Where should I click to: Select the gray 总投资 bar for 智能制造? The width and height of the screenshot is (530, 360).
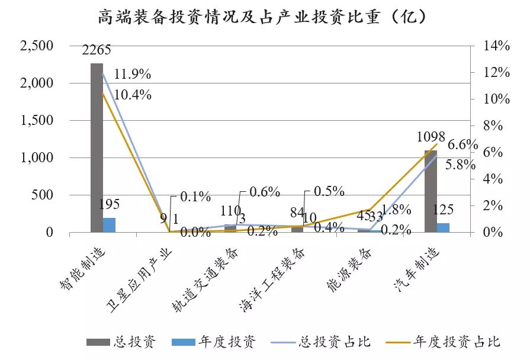97,148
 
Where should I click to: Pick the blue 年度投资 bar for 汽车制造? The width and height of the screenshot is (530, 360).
444,227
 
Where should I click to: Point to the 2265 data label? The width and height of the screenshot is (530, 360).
97,50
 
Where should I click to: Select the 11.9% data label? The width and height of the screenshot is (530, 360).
133,75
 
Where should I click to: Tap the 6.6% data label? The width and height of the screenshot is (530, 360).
462,145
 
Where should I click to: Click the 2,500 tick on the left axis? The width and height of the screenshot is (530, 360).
37,46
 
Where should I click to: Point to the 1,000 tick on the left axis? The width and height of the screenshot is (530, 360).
37,158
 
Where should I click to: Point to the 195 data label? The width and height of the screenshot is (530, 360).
109,204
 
